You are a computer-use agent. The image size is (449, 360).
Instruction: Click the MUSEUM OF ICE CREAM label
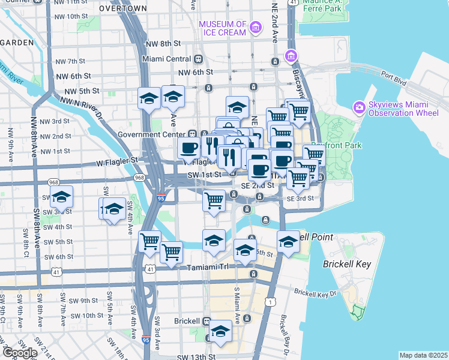click(x=222, y=28)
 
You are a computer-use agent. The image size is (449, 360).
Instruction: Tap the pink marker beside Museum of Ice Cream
click(x=256, y=27)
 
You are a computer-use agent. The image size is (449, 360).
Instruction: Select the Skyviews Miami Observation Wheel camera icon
click(x=360, y=107)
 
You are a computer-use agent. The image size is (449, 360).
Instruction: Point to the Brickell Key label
click(x=347, y=264)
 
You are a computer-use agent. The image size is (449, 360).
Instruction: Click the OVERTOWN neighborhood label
click(x=122, y=8)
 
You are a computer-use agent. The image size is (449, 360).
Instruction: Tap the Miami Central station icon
click(x=198, y=59)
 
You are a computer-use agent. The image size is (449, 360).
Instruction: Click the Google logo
click(x=19, y=352)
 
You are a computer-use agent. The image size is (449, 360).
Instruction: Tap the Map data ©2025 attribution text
click(x=423, y=355)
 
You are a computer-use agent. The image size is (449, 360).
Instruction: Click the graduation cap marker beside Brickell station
click(x=220, y=331)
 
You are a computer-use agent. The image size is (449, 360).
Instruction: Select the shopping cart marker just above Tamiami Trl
click(x=172, y=252)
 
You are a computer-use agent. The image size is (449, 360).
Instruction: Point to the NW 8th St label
click(x=163, y=44)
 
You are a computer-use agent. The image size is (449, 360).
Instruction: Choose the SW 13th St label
click(x=196, y=356)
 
